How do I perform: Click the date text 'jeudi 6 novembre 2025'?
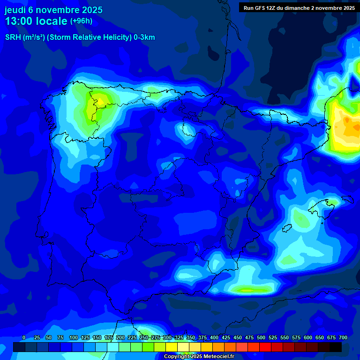53,10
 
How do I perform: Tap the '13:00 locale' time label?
36,21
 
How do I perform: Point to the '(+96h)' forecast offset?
81,21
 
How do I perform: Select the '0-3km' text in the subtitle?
144,37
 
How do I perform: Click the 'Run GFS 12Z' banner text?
264,7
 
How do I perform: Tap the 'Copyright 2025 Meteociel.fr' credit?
198,357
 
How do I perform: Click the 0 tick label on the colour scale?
24,337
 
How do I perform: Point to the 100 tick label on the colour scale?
74,337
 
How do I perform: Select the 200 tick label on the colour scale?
120,337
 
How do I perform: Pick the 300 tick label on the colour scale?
167,337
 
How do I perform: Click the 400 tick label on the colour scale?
214,337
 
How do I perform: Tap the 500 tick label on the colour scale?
261,337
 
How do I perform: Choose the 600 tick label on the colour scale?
308,337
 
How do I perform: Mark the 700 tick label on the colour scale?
343,337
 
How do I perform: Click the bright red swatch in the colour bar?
265,347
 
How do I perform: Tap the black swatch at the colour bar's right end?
336,347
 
